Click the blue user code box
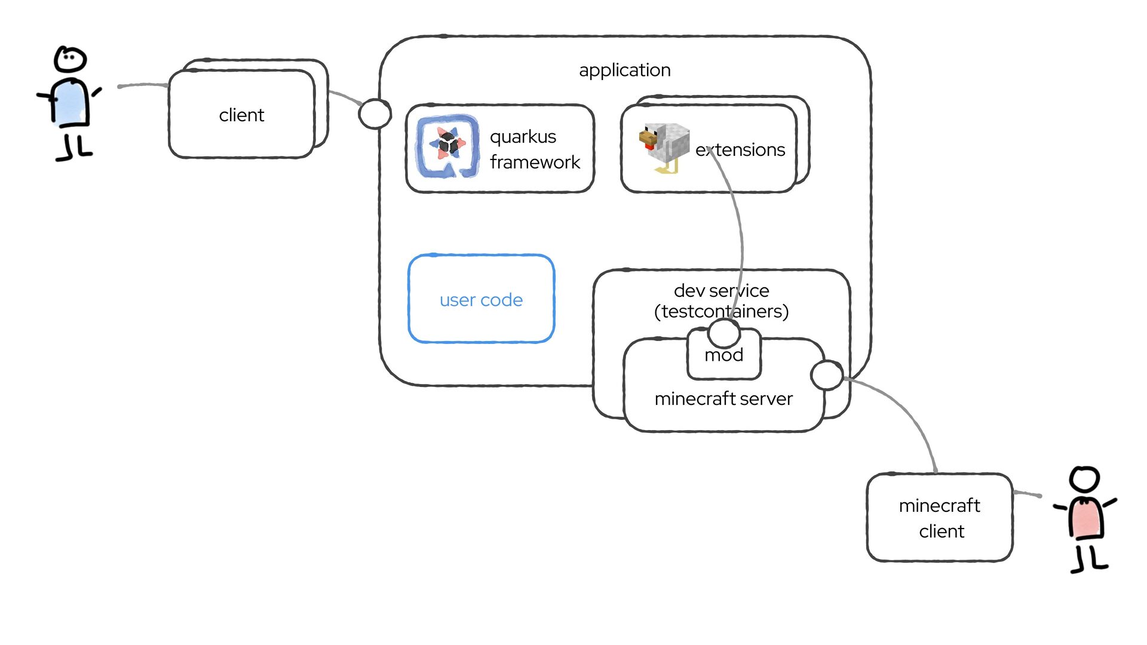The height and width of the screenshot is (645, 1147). (x=481, y=299)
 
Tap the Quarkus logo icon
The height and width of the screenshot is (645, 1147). (x=447, y=146)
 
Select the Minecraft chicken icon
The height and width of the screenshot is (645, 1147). (x=664, y=147)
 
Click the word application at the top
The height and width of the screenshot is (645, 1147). (x=624, y=70)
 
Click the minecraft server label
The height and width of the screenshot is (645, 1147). (x=723, y=399)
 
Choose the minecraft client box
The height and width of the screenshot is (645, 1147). (x=939, y=518)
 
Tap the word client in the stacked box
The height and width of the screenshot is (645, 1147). (x=241, y=115)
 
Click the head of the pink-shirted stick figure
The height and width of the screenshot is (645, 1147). (x=1084, y=480)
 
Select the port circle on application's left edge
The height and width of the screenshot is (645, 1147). (x=375, y=113)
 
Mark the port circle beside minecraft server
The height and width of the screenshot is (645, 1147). (x=827, y=375)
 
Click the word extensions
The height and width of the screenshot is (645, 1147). (x=740, y=150)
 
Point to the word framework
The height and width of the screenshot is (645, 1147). (x=535, y=162)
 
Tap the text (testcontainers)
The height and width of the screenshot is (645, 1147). (x=721, y=312)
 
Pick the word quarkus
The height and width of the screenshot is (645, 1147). (x=523, y=137)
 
